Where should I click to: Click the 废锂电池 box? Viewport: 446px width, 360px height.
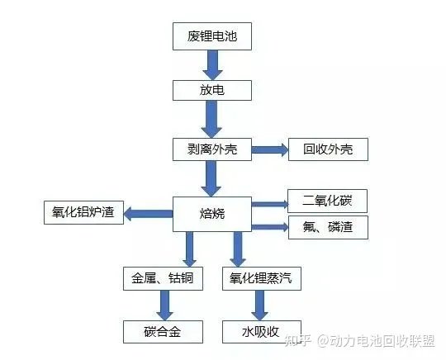(211, 36)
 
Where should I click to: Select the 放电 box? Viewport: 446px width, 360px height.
(211, 88)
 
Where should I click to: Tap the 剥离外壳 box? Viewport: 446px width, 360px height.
(211, 149)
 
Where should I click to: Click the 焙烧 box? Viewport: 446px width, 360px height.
(211, 214)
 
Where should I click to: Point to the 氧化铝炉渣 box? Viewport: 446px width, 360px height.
(83, 214)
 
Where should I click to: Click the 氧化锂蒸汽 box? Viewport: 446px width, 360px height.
(261, 278)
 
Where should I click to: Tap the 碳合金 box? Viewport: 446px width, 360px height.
(163, 332)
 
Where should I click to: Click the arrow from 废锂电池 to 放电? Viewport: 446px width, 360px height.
(211, 63)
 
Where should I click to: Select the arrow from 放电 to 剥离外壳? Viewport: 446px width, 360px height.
(211, 119)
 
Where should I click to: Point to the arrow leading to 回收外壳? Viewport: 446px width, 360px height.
(268, 149)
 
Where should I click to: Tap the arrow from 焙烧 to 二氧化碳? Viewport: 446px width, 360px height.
(268, 203)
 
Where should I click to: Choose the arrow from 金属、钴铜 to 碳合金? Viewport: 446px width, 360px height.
(164, 305)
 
